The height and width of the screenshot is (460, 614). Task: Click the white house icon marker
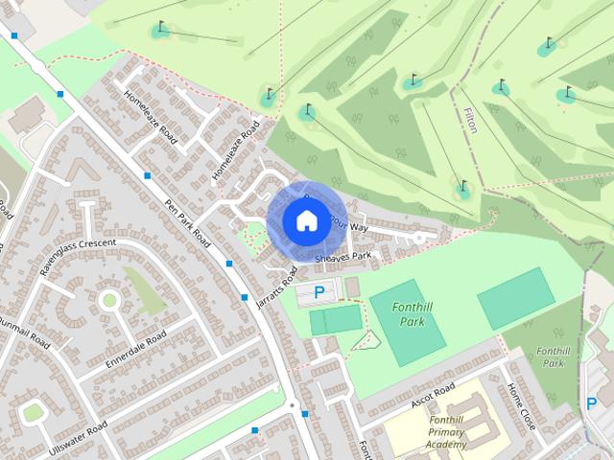tap(306, 220)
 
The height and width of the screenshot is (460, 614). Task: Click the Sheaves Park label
tap(342, 256)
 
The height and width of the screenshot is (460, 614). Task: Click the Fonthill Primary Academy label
tap(434, 432)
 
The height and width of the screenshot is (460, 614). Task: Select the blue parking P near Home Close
tap(592, 404)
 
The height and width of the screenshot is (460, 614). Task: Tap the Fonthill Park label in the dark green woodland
tap(553, 356)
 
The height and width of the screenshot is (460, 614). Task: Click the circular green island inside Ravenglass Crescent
tap(109, 301)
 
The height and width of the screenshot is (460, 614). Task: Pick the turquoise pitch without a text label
tap(516, 298)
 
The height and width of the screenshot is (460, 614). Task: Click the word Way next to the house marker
tap(359, 228)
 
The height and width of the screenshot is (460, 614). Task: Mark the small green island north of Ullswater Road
tap(34, 412)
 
